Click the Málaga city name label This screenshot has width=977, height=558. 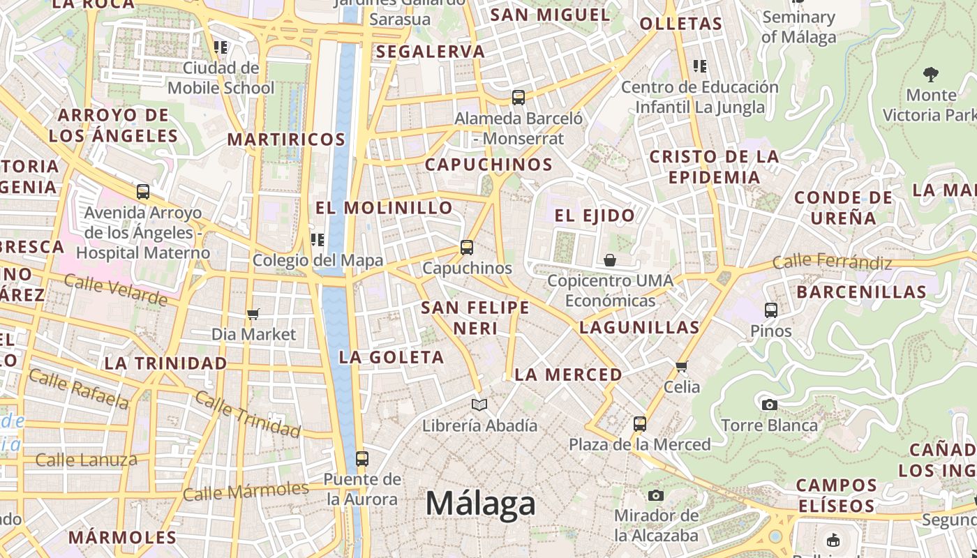point(481,503)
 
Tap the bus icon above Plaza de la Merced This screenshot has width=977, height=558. point(639,423)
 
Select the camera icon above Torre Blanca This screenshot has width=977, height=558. point(769,405)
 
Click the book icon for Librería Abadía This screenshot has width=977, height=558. point(479,405)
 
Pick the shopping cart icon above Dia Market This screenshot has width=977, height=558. point(253,314)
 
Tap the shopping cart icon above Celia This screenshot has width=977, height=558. point(682,366)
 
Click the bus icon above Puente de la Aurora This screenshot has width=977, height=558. point(361,458)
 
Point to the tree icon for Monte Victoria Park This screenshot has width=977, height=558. point(930,74)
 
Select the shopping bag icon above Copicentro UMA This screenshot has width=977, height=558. point(610,260)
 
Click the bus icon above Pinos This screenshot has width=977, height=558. point(771,310)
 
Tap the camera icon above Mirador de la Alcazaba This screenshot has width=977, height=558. point(655,495)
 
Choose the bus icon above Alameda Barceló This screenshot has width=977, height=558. point(518,98)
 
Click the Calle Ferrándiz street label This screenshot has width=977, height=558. point(832,262)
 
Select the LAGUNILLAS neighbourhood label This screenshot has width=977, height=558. point(639,327)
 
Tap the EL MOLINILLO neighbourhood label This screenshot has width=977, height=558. point(384,207)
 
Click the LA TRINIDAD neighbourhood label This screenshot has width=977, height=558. point(166,363)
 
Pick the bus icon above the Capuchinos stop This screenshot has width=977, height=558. point(466,247)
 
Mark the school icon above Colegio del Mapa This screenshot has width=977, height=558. point(318,240)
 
